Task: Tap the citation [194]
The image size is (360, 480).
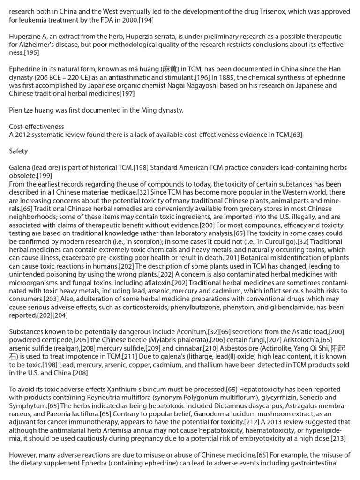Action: pyautogui.click(x=143, y=20)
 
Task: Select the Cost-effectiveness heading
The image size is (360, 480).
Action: pyautogui.click(x=37, y=127)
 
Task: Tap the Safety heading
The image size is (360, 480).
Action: pyautogui.click(x=18, y=151)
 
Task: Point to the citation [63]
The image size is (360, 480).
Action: pyautogui.click(x=296, y=135)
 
